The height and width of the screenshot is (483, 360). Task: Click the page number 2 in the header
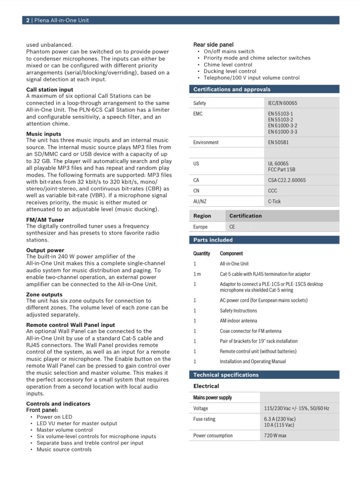click(28, 20)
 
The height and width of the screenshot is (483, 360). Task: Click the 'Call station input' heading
click(50, 90)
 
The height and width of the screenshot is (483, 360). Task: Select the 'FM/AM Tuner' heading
click(45, 220)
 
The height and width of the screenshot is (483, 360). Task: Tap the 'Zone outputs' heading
click(44, 294)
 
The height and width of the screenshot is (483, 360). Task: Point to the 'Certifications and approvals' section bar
click(232, 89)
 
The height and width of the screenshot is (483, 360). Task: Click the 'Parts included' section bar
click(213, 240)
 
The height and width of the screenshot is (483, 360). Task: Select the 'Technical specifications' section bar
click(226, 375)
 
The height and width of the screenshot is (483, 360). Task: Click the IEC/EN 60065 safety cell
click(283, 103)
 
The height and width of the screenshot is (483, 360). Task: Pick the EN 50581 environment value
click(278, 143)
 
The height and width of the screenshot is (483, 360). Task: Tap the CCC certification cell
click(273, 191)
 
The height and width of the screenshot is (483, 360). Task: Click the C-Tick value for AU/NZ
click(274, 202)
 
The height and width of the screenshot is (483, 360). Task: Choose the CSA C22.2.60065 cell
click(287, 180)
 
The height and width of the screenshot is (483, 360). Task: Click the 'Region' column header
click(202, 216)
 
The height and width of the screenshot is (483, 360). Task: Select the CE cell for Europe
click(232, 227)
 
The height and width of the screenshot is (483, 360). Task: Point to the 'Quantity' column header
click(202, 253)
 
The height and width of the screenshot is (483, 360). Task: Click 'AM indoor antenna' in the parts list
click(238, 321)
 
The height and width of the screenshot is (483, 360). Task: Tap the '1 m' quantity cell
click(197, 274)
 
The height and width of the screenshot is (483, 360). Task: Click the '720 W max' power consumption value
click(275, 436)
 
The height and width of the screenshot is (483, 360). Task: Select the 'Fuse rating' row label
click(204, 419)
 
